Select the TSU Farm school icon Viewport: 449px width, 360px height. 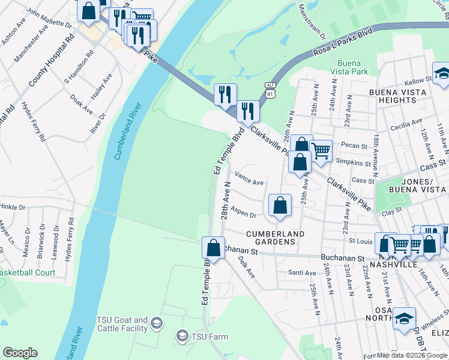pos(182,337)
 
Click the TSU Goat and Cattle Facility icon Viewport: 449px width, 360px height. pos(156,324)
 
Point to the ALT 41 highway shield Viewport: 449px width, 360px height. pos(271,89)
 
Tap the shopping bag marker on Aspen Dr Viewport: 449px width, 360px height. pos(280,206)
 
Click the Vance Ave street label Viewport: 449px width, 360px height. pos(249,179)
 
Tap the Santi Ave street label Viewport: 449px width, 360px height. pos(302,273)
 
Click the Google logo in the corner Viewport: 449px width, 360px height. pos(20,353)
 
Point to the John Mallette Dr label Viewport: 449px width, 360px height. pos(49,19)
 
